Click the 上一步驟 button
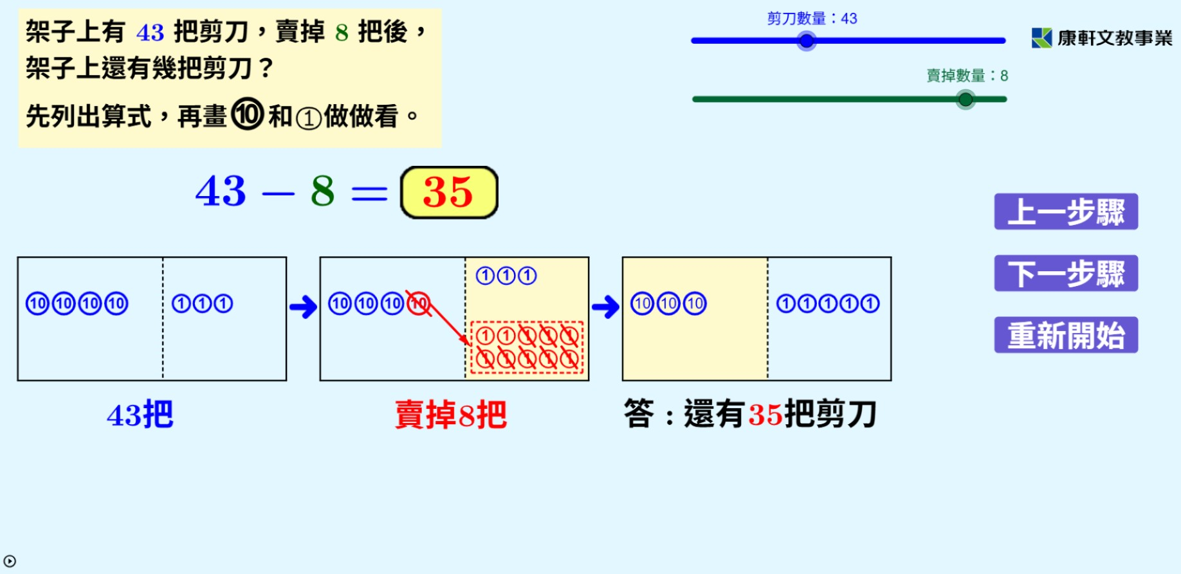(x=1065, y=211)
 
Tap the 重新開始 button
(x=1065, y=335)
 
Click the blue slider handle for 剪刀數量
(x=806, y=41)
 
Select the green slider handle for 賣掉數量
(x=965, y=100)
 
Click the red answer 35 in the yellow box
(x=448, y=192)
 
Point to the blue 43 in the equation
(x=221, y=192)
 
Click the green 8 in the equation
(x=322, y=192)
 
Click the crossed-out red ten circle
(x=419, y=303)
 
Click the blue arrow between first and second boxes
(x=303, y=307)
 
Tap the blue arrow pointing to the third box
(x=605, y=307)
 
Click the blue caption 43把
(x=140, y=415)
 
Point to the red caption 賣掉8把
(x=451, y=415)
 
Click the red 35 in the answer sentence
(x=765, y=415)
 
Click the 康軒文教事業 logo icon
(x=1041, y=38)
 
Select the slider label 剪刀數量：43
(x=812, y=19)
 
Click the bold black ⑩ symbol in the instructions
(x=248, y=114)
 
